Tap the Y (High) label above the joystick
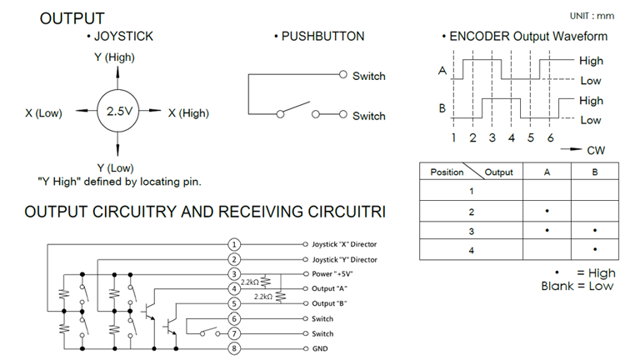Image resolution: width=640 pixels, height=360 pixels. pyautogui.click(x=114, y=57)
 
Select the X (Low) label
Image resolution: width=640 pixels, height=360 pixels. pyautogui.click(x=43, y=113)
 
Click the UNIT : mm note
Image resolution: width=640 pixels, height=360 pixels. pyautogui.click(x=592, y=16)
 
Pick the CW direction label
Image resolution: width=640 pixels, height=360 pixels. pyautogui.click(x=596, y=151)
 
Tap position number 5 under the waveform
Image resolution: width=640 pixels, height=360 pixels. pyautogui.click(x=531, y=138)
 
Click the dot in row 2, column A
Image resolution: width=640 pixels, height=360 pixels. pyautogui.click(x=547, y=211)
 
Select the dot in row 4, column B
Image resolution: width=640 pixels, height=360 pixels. pyautogui.click(x=595, y=249)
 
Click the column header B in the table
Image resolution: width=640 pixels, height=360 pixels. pyautogui.click(x=595, y=172)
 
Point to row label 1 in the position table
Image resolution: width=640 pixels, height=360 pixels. pyautogui.click(x=472, y=191)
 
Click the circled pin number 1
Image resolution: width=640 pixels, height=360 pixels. pyautogui.click(x=234, y=244)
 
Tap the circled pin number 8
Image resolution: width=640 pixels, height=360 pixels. pyautogui.click(x=234, y=348)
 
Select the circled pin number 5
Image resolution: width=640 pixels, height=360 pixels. pyautogui.click(x=234, y=303)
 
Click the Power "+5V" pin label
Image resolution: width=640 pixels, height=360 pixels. pyautogui.click(x=332, y=274)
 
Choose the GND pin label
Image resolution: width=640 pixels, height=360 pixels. pyautogui.click(x=320, y=348)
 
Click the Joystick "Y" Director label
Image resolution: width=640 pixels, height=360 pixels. pyautogui.click(x=344, y=260)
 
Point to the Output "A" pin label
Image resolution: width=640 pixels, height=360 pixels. pyautogui.click(x=329, y=288)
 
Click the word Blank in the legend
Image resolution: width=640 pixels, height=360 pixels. pyautogui.click(x=557, y=286)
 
